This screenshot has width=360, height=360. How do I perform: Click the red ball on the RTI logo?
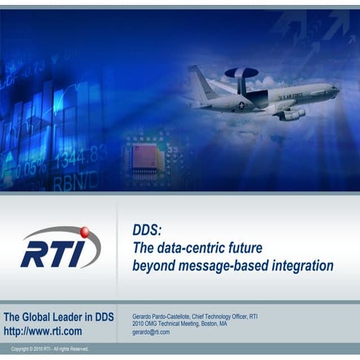click(x=84, y=232)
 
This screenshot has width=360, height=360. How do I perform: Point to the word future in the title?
click(x=244, y=248)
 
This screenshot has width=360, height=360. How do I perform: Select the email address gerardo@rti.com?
click(x=151, y=332)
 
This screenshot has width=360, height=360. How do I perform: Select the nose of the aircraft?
click(x=335, y=90)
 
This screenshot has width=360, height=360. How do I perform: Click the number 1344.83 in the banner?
click(x=81, y=155)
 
